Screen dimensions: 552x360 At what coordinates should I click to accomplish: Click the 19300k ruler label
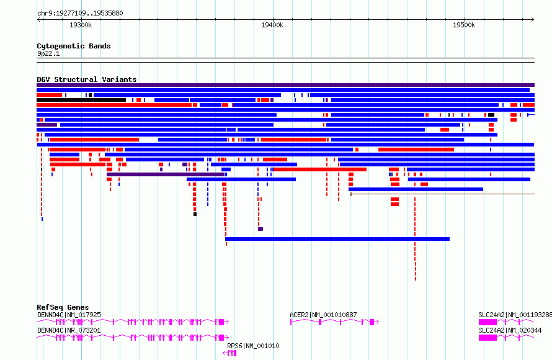(81, 25)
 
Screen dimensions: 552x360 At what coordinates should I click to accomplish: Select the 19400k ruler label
(272, 25)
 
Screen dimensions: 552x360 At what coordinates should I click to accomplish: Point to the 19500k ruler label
(464, 25)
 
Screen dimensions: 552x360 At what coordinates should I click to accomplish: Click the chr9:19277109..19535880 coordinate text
(80, 14)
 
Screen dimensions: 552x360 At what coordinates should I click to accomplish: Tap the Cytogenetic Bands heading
(74, 46)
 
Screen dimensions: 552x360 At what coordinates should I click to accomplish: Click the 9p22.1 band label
(48, 54)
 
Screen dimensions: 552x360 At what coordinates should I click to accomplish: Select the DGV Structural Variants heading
(87, 79)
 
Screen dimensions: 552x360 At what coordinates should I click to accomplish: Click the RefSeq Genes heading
(63, 307)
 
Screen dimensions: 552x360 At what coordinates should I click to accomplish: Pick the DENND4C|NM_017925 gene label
(69, 315)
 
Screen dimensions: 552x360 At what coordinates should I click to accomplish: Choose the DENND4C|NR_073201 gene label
(69, 330)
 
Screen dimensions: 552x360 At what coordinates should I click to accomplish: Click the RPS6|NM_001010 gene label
(253, 346)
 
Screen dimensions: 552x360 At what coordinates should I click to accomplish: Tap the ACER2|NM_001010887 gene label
(323, 315)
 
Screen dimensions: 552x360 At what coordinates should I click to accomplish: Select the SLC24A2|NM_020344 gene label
(510, 330)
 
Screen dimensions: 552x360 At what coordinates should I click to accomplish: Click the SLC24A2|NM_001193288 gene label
(515, 315)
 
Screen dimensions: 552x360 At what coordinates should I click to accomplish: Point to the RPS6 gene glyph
(230, 353)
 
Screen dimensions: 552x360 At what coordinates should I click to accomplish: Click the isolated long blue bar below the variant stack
(337, 239)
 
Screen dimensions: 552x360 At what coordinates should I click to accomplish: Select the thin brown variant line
(442, 194)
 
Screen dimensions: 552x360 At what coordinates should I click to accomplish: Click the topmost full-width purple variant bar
(285, 85)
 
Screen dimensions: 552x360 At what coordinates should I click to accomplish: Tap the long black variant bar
(81, 100)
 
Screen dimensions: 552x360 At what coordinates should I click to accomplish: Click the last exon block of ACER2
(372, 322)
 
